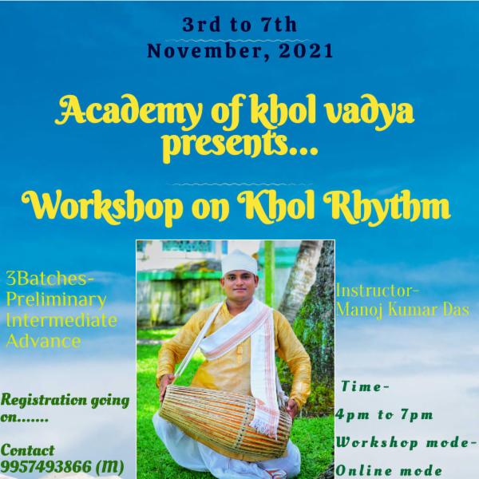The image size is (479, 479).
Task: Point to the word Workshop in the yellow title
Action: [x=115, y=206]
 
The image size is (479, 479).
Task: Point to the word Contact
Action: [x=29, y=449]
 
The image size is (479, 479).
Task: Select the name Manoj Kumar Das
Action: [x=395, y=307]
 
